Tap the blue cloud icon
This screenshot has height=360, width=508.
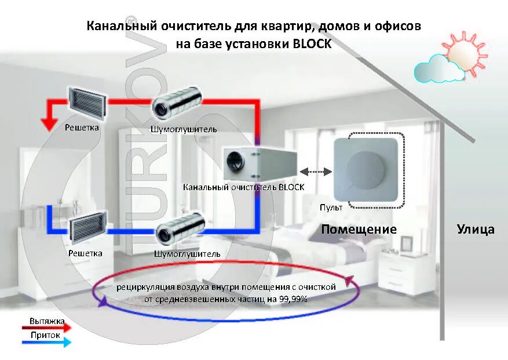pos(438,70)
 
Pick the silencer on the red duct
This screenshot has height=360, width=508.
pos(177,104)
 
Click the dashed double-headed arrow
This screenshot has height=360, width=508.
pos(316,172)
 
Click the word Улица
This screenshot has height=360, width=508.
pos(476,230)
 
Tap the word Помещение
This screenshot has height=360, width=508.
pos(359,230)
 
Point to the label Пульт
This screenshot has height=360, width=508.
pos(331,207)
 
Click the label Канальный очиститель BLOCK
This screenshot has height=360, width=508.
pos(243,187)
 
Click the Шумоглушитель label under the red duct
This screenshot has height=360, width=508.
pos(184,129)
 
